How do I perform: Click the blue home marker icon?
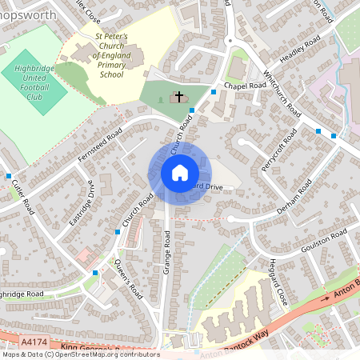tap(179, 173)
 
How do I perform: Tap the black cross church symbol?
tap(178, 97)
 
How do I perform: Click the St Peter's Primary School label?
tap(112, 55)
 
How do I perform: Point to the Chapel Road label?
tap(245, 85)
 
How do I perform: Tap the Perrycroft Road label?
tap(273, 152)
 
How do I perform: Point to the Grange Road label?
tap(167, 252)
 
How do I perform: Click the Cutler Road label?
tap(22, 197)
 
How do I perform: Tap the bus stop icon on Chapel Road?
tap(213, 92)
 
